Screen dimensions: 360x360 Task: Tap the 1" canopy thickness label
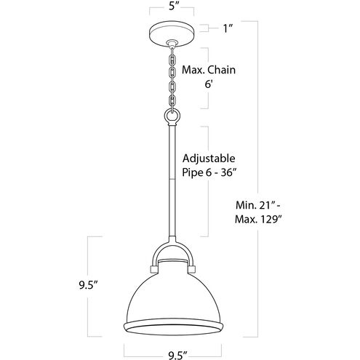[229, 28]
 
